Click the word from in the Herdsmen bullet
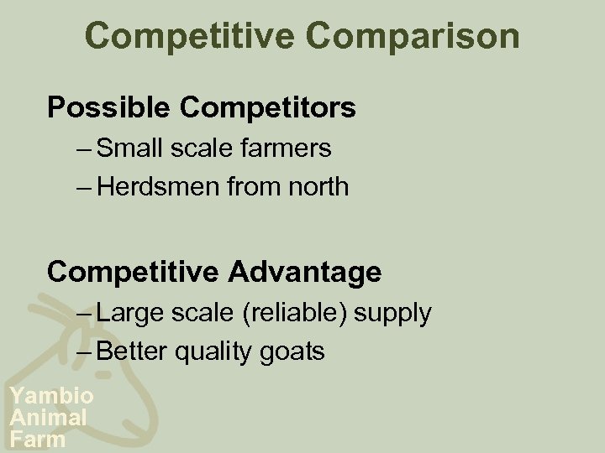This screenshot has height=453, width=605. [x=250, y=186]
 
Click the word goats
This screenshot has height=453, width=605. [x=293, y=351]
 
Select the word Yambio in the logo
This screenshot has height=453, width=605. [x=51, y=397]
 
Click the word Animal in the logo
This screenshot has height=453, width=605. [x=48, y=417]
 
